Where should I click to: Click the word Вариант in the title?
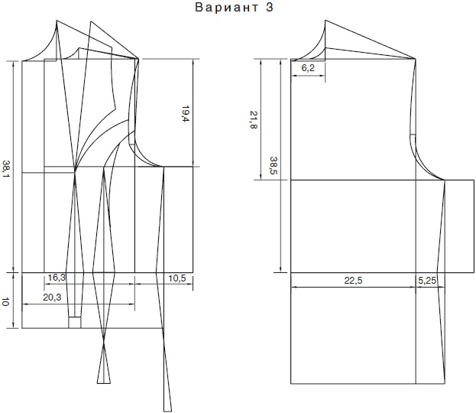click(x=226, y=8)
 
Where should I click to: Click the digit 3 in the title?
click(x=270, y=8)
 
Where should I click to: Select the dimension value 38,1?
click(x=6, y=170)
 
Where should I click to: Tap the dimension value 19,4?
click(x=185, y=114)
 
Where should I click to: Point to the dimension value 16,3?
click(x=57, y=277)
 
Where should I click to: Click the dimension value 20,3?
click(x=52, y=298)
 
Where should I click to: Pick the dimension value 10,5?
click(x=177, y=278)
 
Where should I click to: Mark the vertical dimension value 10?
click(x=5, y=302)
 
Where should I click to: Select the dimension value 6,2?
click(x=308, y=68)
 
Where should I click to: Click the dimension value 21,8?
click(x=254, y=119)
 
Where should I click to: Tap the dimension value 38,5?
click(x=274, y=165)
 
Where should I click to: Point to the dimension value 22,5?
click(x=353, y=280)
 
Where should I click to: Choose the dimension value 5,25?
click(x=427, y=280)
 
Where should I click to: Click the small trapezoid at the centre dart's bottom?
click(x=104, y=379)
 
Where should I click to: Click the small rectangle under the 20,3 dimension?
click(x=75, y=323)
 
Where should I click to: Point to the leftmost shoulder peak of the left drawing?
click(x=57, y=21)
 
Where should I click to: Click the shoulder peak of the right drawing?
click(x=325, y=21)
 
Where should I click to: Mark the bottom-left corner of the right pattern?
click(x=291, y=383)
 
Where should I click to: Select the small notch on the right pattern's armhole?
click(x=413, y=135)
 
